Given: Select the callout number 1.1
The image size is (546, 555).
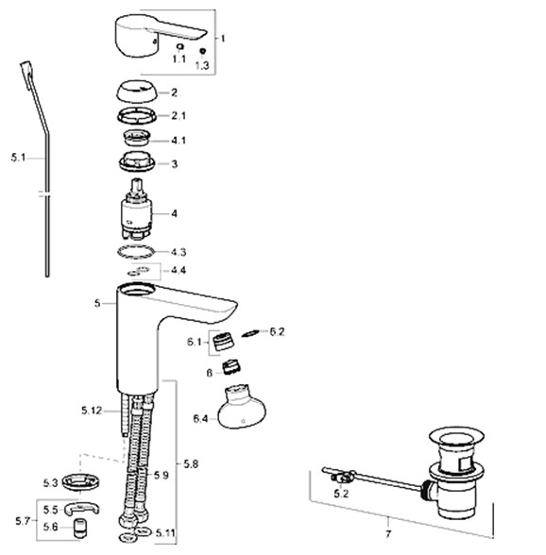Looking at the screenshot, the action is click(179, 59).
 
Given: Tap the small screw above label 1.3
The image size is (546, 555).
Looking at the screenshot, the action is click(203, 51).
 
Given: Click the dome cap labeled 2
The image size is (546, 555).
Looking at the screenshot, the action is click(137, 91).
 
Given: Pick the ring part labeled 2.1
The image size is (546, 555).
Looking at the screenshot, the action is click(137, 115).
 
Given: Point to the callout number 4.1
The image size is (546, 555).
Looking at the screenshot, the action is click(179, 141).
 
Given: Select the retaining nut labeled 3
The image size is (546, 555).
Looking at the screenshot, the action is click(137, 162).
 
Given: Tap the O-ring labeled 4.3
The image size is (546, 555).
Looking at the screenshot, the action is click(136, 252).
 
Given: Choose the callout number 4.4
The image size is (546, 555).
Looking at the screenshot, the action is click(179, 270).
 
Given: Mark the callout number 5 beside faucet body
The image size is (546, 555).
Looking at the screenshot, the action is click(97, 303).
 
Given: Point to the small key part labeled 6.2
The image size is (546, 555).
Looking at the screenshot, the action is click(250, 333).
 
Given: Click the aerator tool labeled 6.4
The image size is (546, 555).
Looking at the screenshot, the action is click(241, 406).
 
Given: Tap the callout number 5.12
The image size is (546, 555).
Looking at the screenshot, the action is click(92, 411).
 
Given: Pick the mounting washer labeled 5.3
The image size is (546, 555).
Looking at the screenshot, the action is click(81, 481).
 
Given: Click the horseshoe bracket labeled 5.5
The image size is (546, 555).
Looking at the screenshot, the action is click(82, 508).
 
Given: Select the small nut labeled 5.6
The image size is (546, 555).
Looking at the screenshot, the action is click(79, 528).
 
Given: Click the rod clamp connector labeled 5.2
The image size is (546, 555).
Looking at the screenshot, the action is click(342, 478).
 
